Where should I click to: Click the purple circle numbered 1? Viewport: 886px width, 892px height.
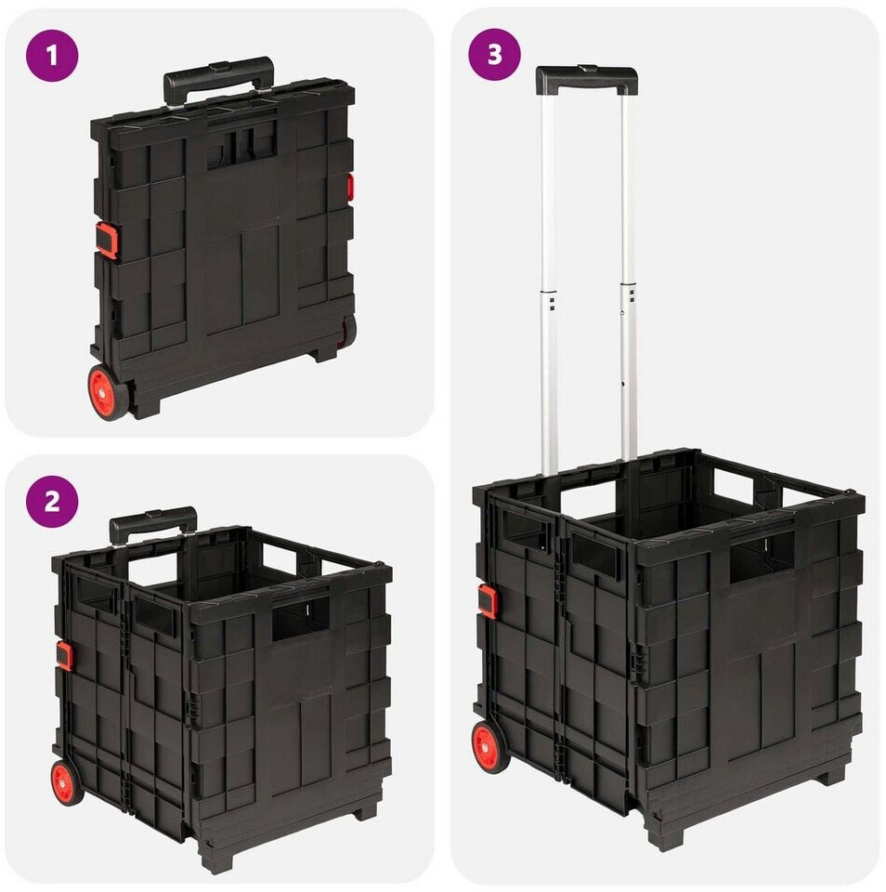point(52,56)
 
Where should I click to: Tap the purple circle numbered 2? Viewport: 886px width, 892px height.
point(52,502)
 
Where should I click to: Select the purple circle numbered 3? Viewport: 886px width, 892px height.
point(494,54)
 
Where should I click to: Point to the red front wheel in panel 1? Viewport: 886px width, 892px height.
point(108,392)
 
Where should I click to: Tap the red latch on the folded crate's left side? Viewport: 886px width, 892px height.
point(106,240)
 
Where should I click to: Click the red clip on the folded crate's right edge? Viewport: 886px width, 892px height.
point(351,188)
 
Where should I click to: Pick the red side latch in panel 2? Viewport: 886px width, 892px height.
point(64,655)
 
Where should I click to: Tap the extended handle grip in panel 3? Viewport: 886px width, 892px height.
point(586,80)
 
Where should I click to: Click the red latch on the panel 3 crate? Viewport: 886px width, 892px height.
point(487,600)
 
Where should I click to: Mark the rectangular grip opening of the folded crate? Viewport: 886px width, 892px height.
point(242,147)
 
